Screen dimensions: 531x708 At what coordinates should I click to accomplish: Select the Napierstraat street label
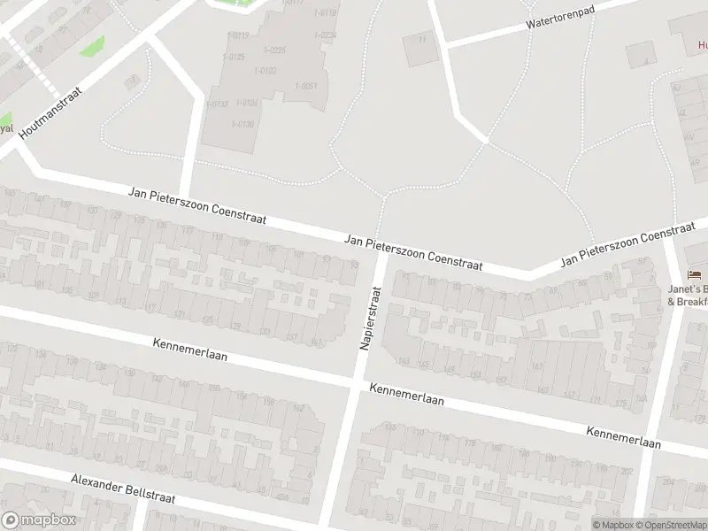370,317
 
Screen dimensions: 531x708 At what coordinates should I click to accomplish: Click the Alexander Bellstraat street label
124,489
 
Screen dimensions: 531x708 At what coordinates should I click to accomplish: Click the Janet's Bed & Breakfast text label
689,295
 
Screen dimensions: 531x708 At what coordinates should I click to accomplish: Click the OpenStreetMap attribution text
666,525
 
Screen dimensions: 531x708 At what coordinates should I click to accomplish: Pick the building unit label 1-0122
265,71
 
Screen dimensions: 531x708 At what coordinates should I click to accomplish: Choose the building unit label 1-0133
217,104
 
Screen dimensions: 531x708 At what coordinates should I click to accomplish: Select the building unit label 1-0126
247,103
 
